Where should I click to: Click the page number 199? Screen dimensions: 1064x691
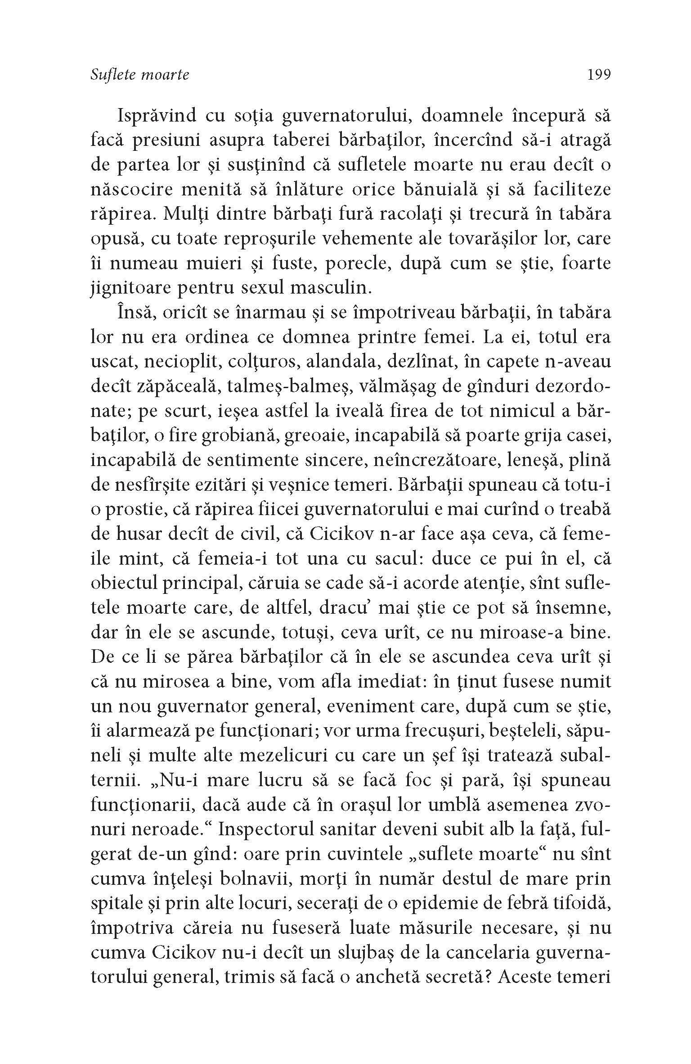tap(598, 74)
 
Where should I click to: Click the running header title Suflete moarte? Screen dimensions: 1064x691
tap(140, 75)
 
